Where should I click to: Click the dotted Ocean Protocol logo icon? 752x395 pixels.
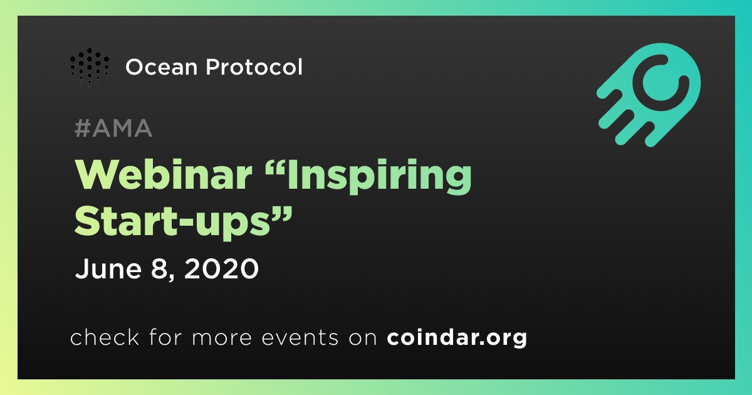[89, 67]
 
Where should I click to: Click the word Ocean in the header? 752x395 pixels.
[162, 67]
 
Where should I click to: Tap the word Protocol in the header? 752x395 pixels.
[254, 66]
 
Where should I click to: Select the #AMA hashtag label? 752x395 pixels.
[113, 128]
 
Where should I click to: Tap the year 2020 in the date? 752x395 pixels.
[222, 268]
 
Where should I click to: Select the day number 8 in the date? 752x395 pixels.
[159, 268]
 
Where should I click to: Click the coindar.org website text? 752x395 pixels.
[457, 337]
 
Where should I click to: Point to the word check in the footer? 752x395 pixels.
[105, 337]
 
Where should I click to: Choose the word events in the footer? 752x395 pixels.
[300, 337]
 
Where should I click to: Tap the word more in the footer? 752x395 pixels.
[222, 338]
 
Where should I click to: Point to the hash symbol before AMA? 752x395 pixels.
[83, 128]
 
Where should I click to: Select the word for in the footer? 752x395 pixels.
[165, 337]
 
